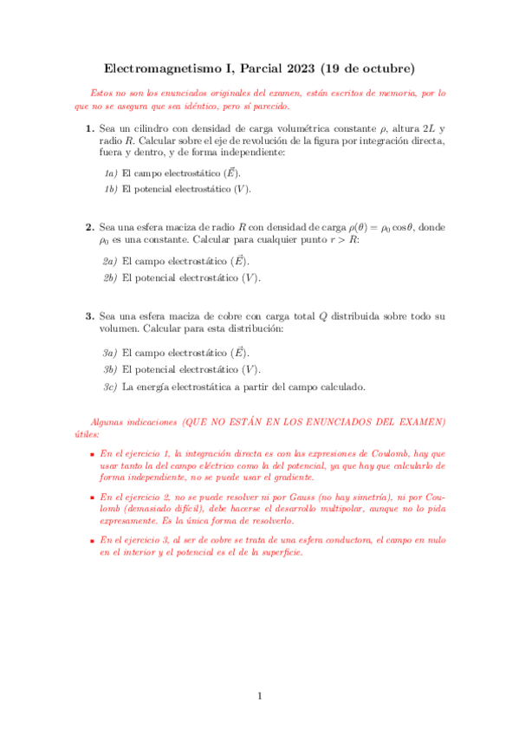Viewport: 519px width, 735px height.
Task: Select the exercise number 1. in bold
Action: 90,129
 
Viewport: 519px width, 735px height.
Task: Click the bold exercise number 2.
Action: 90,227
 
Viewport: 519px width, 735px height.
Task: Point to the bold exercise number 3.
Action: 90,316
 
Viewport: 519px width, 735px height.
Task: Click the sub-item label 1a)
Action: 110,172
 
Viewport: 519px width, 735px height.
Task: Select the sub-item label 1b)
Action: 110,188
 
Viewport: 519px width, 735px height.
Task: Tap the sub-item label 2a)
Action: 110,261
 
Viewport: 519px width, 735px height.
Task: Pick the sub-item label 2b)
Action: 110,277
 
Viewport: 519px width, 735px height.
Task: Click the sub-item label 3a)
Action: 110,354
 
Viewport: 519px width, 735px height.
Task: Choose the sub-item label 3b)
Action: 110,370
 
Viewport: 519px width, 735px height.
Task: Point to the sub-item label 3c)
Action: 110,387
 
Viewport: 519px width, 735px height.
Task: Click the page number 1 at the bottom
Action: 259,696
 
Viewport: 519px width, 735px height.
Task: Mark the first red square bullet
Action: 93,453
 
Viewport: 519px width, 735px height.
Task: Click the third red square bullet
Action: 93,540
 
